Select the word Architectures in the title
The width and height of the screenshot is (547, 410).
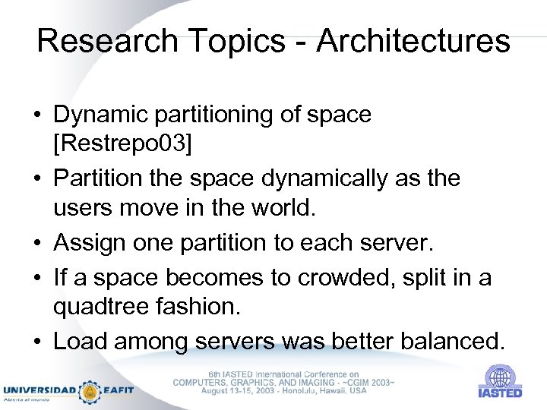413,41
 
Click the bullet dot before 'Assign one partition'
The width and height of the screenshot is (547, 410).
38,243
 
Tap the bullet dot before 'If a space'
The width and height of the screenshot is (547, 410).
38,279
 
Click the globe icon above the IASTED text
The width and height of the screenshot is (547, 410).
500,377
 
